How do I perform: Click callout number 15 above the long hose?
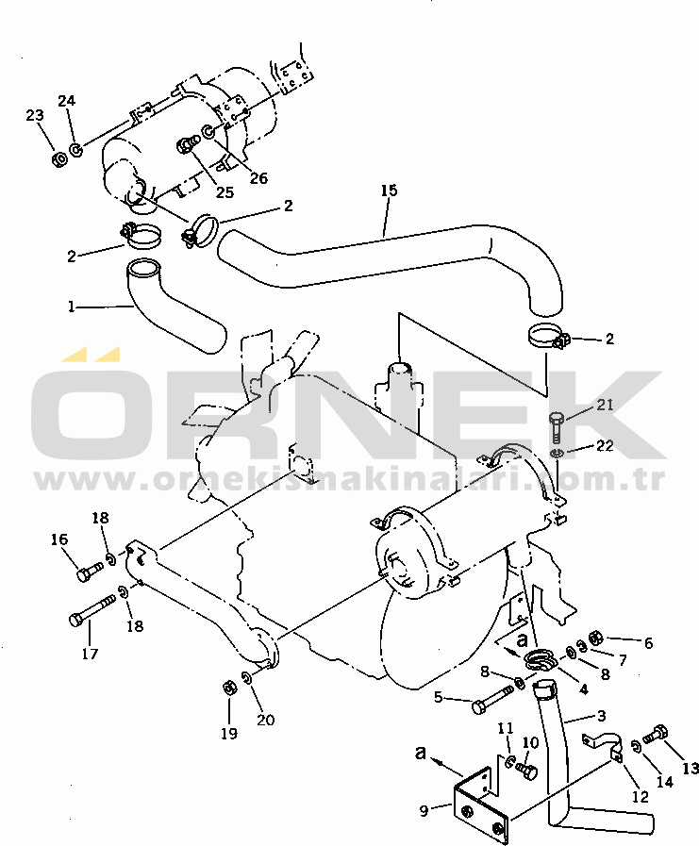tap(389, 191)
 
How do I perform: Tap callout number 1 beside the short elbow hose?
tap(72, 307)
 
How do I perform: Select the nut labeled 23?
tap(60, 159)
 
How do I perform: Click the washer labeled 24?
tap(76, 149)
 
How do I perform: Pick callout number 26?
tap(258, 177)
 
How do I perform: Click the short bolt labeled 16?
tap(90, 572)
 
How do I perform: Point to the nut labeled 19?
tap(227, 688)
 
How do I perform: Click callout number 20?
tap(266, 720)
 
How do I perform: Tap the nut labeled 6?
tap(594, 639)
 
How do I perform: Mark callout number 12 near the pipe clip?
tap(641, 796)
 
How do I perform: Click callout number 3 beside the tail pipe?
tap(602, 716)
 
